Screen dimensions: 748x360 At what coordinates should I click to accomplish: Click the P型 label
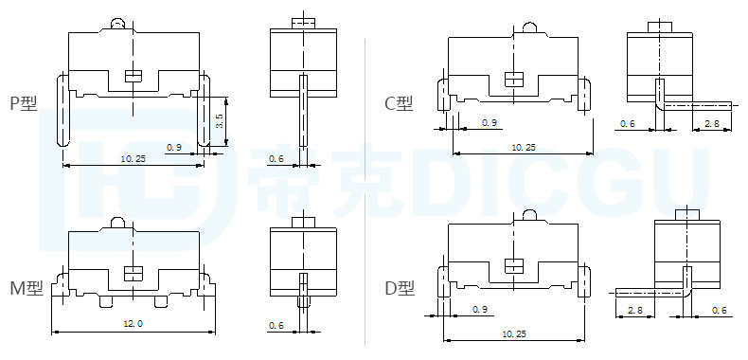tap(24, 103)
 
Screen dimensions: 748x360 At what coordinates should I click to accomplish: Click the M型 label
tap(27, 288)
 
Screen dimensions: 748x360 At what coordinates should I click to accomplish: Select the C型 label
tap(399, 103)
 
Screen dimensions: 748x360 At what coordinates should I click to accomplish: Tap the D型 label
tap(400, 288)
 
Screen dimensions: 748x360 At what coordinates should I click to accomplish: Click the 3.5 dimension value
tap(219, 121)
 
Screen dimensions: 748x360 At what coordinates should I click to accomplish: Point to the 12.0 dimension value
tap(134, 323)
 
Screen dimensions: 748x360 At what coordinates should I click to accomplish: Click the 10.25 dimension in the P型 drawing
tap(134, 158)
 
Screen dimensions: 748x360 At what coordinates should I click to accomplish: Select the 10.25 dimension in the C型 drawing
tap(524, 147)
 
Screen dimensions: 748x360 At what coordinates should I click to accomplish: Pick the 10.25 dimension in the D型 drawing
tap(514, 333)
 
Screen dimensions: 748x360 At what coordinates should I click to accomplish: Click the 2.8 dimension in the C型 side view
tap(711, 124)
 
